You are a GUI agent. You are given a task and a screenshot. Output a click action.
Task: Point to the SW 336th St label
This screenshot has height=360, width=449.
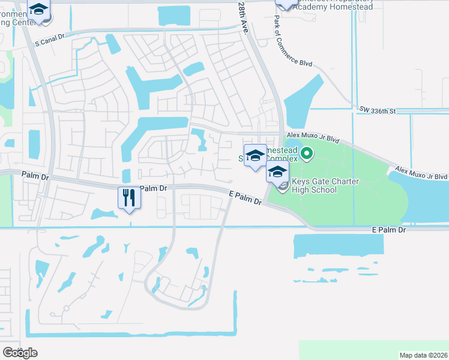click(378, 110)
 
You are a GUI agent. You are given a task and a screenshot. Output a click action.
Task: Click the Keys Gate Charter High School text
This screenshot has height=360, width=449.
click(322, 186)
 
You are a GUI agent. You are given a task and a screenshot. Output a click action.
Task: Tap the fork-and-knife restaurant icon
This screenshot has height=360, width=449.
click(129, 197)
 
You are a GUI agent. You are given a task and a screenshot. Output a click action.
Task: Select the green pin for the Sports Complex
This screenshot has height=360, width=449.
click(307, 154)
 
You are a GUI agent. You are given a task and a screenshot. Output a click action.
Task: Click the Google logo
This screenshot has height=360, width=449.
click(19, 352)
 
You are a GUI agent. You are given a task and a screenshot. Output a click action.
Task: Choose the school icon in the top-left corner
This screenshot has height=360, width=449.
click(39, 11)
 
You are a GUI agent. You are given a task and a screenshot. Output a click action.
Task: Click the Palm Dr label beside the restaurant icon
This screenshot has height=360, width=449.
click(152, 188)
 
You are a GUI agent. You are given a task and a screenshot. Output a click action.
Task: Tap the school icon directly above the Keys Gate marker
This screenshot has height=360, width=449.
click(277, 172)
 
